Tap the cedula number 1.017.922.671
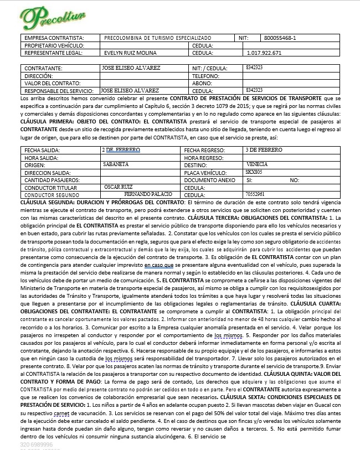(x=264, y=53)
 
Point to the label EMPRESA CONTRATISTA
(x=50, y=38)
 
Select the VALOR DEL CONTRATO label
(x=50, y=83)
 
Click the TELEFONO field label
(x=206, y=75)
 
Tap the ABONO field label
(x=200, y=83)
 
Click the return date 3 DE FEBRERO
(x=264, y=150)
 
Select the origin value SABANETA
(x=116, y=164)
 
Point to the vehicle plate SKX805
(x=254, y=172)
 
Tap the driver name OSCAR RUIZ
(x=119, y=187)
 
